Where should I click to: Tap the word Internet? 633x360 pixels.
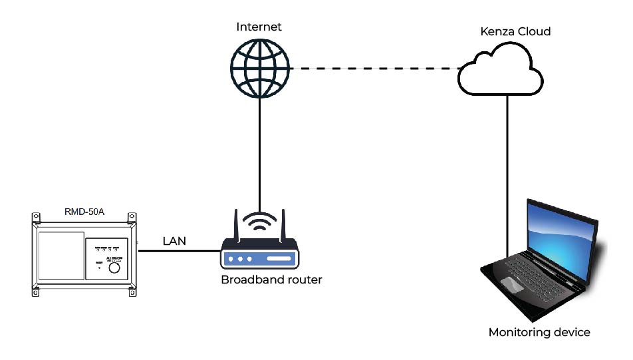(x=259, y=27)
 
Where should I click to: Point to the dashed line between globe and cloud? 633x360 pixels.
(x=372, y=69)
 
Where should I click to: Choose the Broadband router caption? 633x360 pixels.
(x=271, y=280)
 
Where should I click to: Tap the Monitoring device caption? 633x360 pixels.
(x=539, y=332)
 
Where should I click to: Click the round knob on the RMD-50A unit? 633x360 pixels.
(x=114, y=268)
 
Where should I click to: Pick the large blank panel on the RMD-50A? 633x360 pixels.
(x=61, y=256)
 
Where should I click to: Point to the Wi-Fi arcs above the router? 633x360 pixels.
(x=259, y=221)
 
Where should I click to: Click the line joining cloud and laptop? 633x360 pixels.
(x=507, y=166)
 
